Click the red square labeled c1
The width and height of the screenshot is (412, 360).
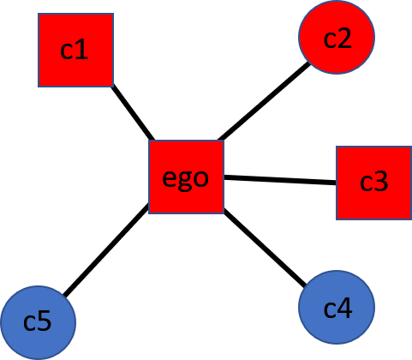tap(75, 50)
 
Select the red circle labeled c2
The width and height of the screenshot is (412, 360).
tap(337, 37)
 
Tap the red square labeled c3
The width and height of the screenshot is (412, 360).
tap(373, 182)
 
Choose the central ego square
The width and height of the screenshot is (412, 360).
tap(186, 177)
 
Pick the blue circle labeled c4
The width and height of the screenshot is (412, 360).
tap(337, 307)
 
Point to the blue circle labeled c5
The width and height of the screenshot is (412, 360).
tap(38, 322)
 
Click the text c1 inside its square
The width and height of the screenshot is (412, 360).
tap(75, 51)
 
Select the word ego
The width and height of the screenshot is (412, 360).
tap(185, 179)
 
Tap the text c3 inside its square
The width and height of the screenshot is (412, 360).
tap(373, 182)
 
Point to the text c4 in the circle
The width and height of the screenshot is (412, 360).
tap(337, 307)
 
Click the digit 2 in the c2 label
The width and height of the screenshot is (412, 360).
tap(345, 38)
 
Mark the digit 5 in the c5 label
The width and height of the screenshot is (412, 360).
tap(45, 322)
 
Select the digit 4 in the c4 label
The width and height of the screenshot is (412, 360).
tap(345, 307)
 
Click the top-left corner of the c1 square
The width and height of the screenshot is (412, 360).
tap(39, 14)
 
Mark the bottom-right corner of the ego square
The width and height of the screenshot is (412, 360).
tap(224, 213)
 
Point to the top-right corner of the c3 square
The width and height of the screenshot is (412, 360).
tap(411, 147)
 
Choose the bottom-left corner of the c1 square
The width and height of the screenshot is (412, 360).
tap(39, 87)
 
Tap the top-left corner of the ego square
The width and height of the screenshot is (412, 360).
tap(149, 141)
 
